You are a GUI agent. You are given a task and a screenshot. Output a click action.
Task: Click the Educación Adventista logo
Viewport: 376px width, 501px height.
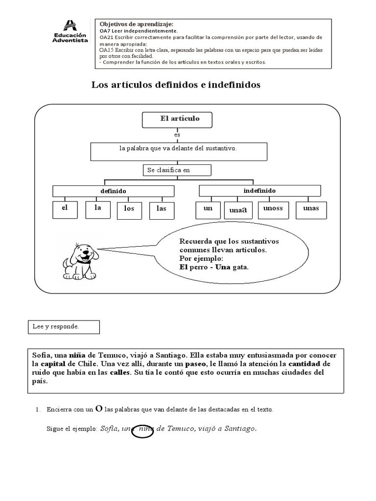[x=70, y=32]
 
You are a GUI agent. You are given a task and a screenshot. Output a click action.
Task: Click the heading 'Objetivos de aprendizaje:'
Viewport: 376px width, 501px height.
[x=136, y=24]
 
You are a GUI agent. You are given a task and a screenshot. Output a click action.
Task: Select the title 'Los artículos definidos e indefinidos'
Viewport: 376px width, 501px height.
[x=176, y=85]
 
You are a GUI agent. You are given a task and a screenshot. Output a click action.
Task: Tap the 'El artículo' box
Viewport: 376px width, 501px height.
[x=180, y=119]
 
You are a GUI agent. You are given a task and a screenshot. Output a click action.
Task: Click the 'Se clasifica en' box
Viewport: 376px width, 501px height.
[x=177, y=170]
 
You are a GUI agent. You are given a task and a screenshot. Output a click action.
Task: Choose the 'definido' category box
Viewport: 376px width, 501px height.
[x=113, y=191]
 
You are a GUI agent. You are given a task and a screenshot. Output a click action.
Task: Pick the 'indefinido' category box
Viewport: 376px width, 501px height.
[x=259, y=190]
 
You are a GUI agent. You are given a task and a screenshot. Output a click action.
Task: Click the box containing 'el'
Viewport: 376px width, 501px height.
[x=64, y=209]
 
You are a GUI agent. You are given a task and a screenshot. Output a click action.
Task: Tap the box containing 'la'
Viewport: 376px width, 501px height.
[x=96, y=209]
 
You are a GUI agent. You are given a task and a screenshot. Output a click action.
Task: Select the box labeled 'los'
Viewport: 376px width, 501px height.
[x=129, y=209]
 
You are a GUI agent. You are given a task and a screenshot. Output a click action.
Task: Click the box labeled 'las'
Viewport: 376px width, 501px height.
[x=162, y=209]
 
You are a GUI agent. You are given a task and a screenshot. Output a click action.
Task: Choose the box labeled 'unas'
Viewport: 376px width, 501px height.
[x=310, y=209]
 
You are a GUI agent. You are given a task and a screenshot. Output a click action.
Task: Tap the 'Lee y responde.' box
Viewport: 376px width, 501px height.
[x=63, y=327]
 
